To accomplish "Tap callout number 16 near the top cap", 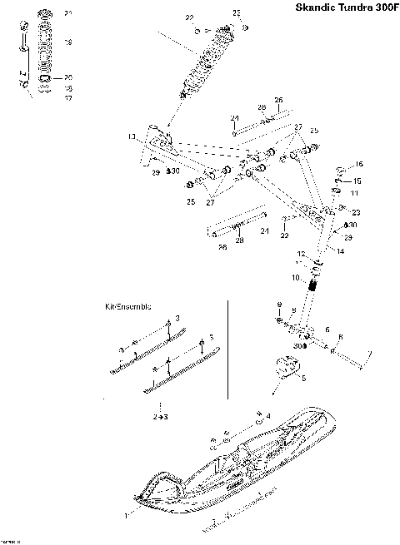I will (360, 165).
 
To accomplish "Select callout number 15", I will (358, 181).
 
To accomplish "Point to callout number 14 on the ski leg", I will (340, 249).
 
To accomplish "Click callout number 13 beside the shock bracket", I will (131, 136).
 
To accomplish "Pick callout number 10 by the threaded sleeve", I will (295, 276).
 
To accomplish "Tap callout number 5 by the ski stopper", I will (303, 378).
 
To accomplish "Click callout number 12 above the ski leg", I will (302, 253).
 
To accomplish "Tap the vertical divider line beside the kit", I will (228, 349).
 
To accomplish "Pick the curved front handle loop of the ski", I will (158, 491).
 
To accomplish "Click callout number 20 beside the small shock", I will (68, 77).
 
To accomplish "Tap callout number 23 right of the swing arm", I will (356, 211).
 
